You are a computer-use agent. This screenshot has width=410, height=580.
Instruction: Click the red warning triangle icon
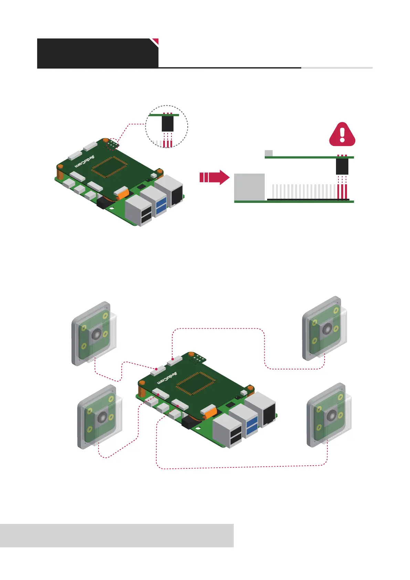[342, 135]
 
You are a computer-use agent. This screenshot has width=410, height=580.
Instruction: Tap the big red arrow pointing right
[214, 177]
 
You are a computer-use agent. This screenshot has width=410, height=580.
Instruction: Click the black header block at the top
[97, 53]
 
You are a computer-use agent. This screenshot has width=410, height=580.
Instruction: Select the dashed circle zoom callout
[167, 126]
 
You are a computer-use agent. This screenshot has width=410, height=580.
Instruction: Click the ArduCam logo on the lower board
[167, 378]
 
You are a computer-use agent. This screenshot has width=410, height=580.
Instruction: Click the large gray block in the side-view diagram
[249, 187]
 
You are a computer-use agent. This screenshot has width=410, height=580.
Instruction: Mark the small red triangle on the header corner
[156, 41]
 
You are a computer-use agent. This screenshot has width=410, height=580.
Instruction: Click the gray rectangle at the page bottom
[117, 535]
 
